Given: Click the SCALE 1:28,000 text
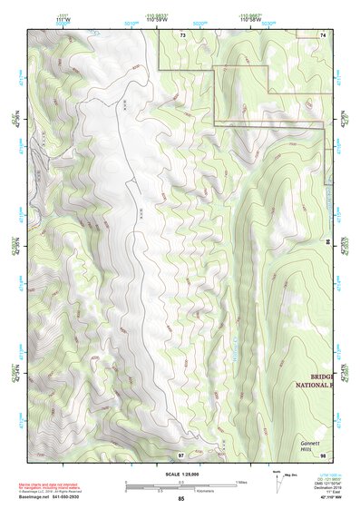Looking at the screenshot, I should [181, 475].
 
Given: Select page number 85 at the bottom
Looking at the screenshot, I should [181, 499].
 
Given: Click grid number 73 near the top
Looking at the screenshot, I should [182, 34].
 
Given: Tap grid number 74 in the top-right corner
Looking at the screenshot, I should [323, 34].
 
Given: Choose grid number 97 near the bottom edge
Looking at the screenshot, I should [181, 454].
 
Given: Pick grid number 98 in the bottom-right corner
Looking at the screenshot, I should [323, 454].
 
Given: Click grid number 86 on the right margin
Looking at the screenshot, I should [328, 242].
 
